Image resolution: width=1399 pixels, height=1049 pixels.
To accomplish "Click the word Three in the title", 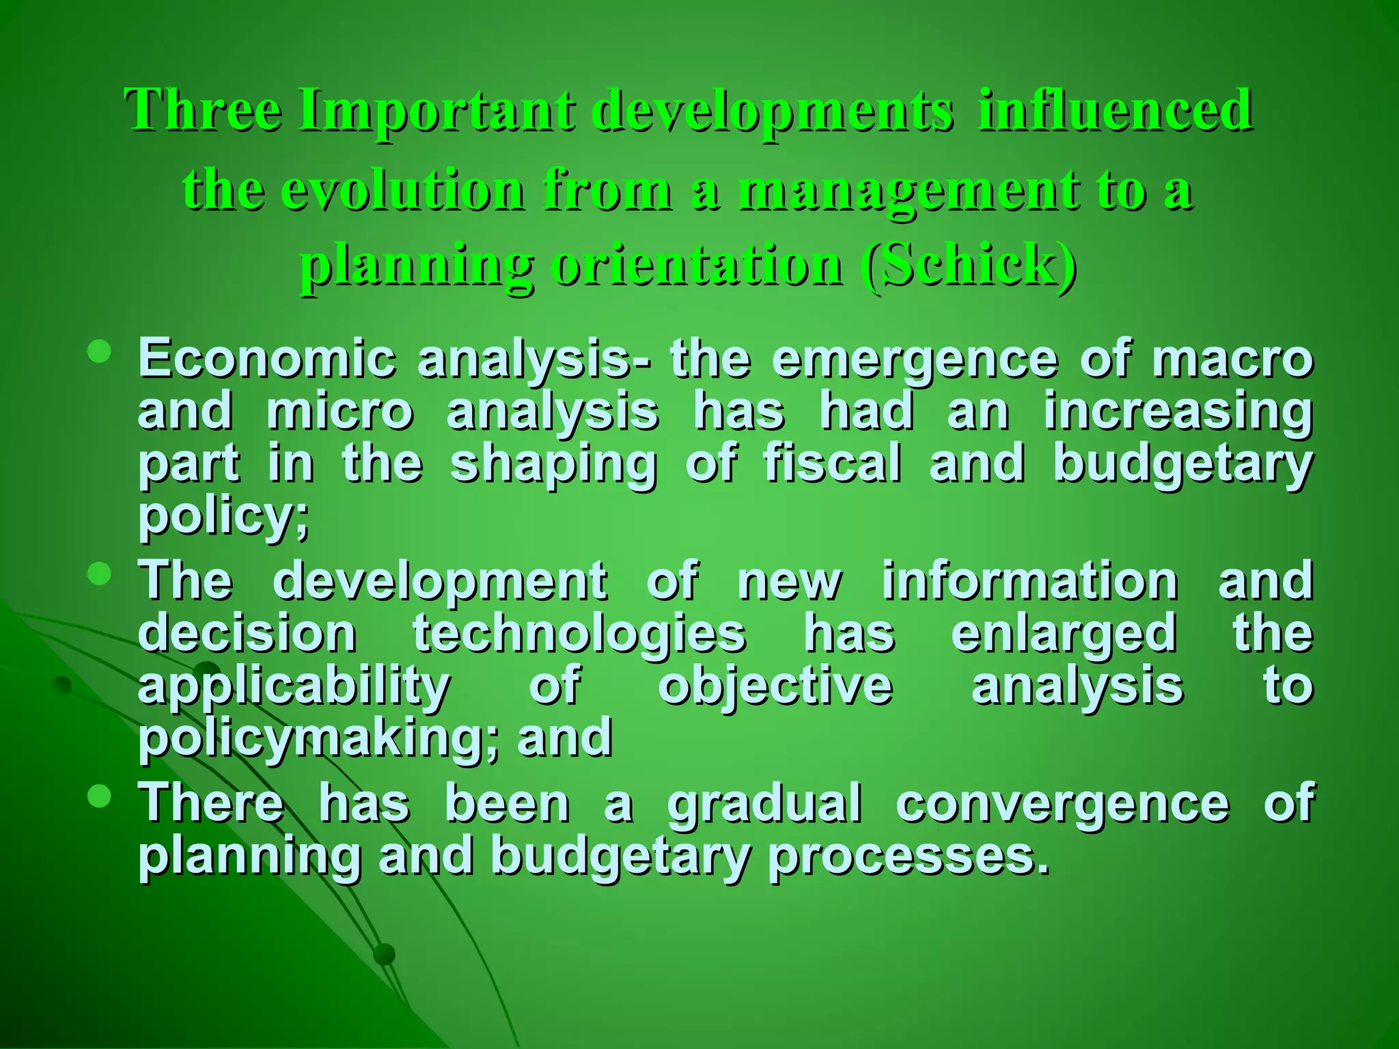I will pyautogui.click(x=203, y=111).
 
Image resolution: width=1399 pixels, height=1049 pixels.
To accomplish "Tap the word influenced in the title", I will pyautogui.click(x=1116, y=111).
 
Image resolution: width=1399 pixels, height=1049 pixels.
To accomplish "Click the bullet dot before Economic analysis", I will pyautogui.click(x=100, y=351).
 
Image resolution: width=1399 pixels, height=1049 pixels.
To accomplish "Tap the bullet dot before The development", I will pyautogui.click(x=100, y=574).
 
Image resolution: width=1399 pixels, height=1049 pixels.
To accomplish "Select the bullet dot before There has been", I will pyautogui.click(x=100, y=796).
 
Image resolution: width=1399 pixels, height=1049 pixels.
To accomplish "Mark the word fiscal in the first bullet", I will pyautogui.click(x=833, y=463).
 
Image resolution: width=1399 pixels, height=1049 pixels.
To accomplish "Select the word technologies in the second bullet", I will pyautogui.click(x=579, y=634).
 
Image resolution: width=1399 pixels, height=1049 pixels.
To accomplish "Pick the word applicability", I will pyautogui.click(x=294, y=687).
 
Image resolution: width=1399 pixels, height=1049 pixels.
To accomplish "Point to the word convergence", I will pyautogui.click(x=1062, y=805).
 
